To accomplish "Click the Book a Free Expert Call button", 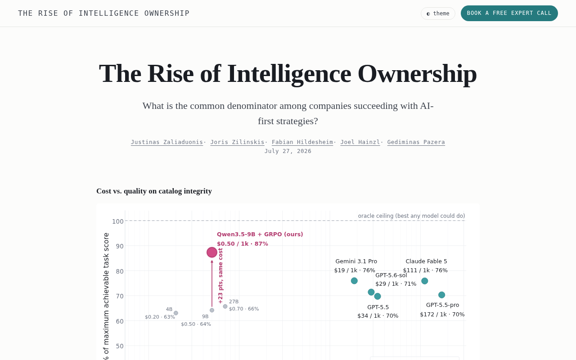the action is (509, 13).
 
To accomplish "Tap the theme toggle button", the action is (438, 13).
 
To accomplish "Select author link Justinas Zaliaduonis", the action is (167, 142).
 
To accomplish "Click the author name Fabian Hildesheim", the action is (302, 142).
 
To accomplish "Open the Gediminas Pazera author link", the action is (416, 142).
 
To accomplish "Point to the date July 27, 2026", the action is (288, 151).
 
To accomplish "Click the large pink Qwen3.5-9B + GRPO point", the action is (212, 252).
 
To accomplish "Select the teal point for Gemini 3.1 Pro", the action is (354, 281).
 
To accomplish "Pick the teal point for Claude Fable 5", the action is (424, 281).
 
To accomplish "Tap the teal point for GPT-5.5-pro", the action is (441, 295).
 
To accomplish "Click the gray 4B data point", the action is (176, 313).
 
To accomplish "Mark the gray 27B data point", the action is (225, 306).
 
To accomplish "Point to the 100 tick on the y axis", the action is (118, 221).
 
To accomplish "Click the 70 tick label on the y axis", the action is (120, 296).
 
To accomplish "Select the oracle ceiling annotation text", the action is (411, 216).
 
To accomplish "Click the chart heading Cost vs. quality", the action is (154, 191).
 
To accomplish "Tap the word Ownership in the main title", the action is (417, 74).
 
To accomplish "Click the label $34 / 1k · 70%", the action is (378, 315).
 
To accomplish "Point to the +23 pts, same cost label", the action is (220, 276).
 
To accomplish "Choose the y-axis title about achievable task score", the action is (106, 296).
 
